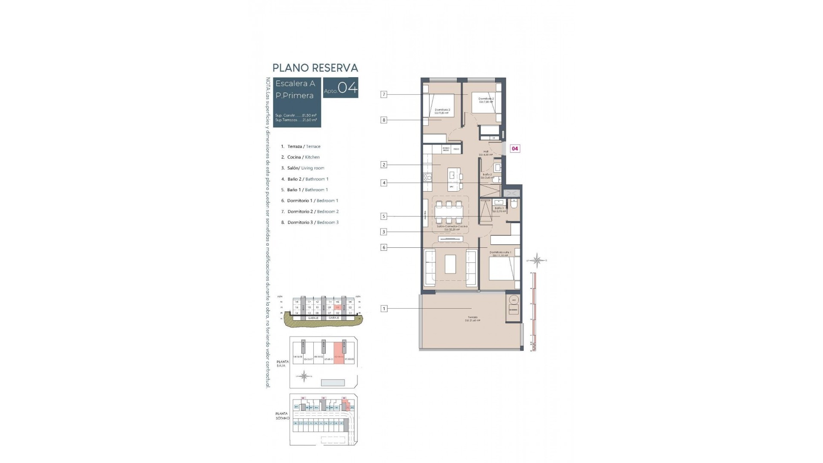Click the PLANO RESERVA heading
[x=315, y=68]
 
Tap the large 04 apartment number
[x=347, y=88]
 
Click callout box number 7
[x=384, y=94]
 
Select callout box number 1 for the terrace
[x=384, y=308]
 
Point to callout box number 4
[x=384, y=183]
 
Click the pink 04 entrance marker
[x=515, y=149]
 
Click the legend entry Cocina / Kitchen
[x=303, y=157]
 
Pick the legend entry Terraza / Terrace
[x=303, y=147]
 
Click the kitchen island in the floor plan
[x=453, y=175]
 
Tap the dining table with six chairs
[x=449, y=212]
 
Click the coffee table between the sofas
[x=450, y=264]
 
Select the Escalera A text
[x=295, y=84]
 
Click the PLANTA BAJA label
[x=282, y=364]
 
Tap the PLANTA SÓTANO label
[x=282, y=416]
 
